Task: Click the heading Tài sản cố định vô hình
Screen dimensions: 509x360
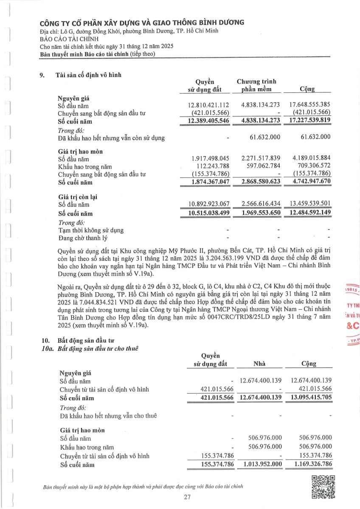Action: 89,75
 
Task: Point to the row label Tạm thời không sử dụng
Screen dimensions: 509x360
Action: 91,230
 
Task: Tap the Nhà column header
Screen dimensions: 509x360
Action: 259,364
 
